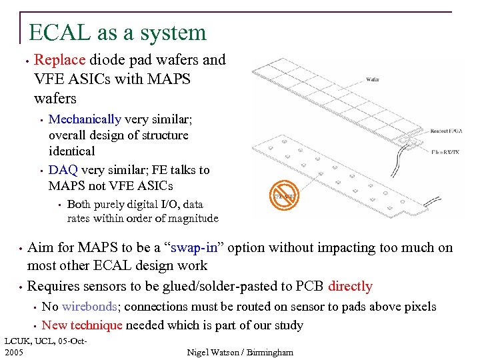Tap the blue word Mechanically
(85, 119)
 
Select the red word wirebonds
(89, 307)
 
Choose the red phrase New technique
(82, 325)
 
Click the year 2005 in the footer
(13, 351)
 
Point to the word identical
(72, 151)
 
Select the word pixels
(419, 307)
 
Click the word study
(288, 325)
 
